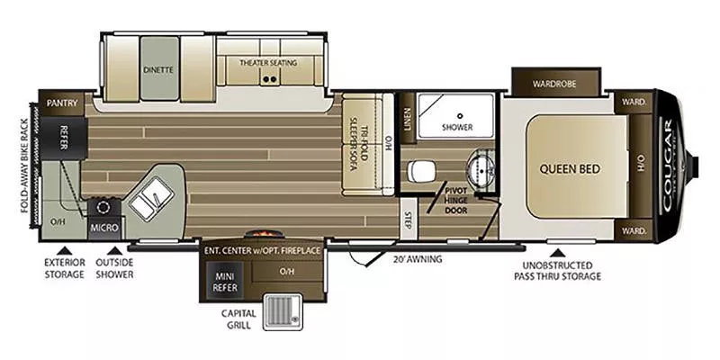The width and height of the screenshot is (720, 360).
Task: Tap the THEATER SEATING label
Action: click(x=267, y=63)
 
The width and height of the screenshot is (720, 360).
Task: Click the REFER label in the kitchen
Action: click(x=65, y=136)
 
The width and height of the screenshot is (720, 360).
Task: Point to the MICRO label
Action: click(x=99, y=229)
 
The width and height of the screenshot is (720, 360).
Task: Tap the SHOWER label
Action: click(x=457, y=128)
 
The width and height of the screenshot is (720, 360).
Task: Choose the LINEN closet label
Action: click(x=407, y=119)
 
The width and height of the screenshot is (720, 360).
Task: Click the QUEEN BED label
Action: click(x=570, y=167)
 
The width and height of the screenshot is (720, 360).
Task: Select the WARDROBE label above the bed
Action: click(x=553, y=85)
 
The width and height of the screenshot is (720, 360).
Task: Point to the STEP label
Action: click(x=408, y=219)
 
